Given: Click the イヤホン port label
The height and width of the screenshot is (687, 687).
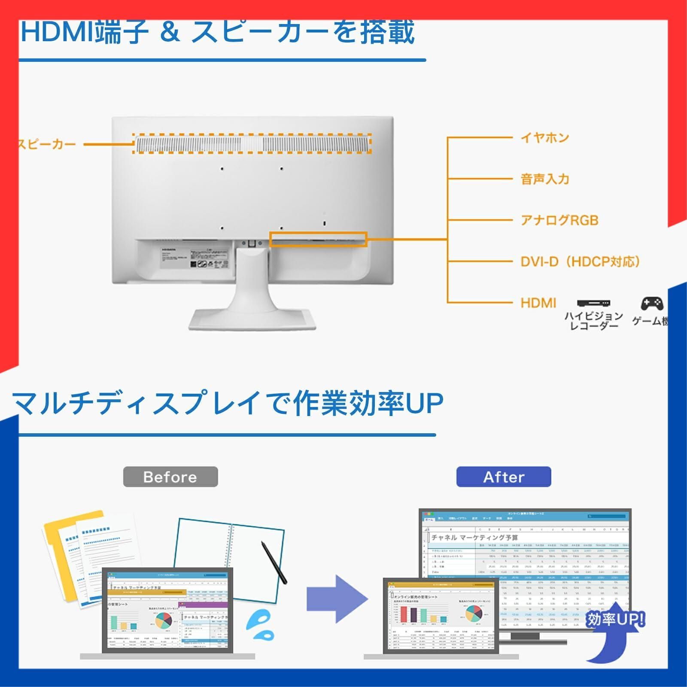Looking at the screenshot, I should [x=544, y=138].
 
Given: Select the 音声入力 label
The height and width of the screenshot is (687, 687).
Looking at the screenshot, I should [x=544, y=179].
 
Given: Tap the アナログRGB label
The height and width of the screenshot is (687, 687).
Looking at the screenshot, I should [x=559, y=220].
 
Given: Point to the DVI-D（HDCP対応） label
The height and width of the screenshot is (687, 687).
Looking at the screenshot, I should [x=580, y=261].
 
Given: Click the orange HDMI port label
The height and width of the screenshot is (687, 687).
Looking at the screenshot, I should [x=538, y=303].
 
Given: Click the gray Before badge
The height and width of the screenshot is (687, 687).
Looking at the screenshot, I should [x=170, y=477].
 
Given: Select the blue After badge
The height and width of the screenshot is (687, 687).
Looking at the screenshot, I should [x=503, y=477].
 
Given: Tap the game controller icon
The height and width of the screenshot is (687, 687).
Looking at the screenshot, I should [x=652, y=304].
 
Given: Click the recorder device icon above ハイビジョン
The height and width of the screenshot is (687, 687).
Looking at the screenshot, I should [x=593, y=303].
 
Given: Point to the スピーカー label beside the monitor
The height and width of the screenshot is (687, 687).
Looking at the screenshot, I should [x=46, y=144].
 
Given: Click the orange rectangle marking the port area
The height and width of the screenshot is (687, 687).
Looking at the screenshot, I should [x=318, y=239].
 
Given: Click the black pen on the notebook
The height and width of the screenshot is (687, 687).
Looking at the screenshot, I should [x=274, y=562].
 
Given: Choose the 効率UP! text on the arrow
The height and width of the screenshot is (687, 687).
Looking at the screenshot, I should [x=615, y=619].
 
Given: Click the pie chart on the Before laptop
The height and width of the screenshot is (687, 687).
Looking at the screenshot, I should [x=163, y=620].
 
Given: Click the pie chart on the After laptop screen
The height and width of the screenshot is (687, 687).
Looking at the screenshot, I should [x=473, y=613].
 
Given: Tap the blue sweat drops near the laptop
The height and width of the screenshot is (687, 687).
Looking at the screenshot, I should [x=260, y=626].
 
